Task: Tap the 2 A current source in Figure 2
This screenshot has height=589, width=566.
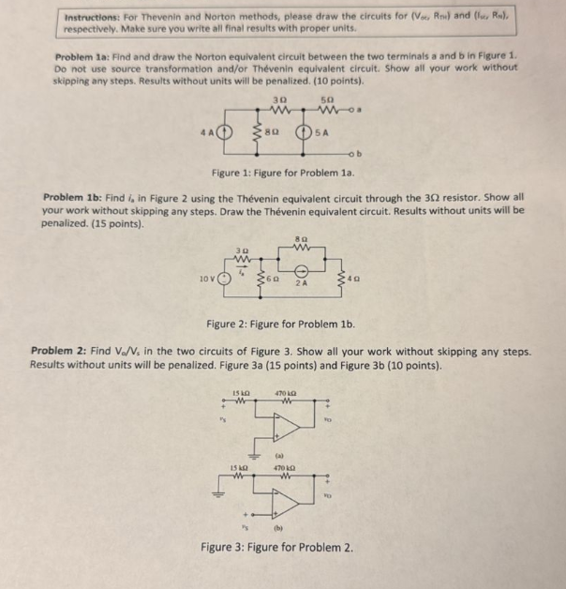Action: pyautogui.click(x=300, y=269)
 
